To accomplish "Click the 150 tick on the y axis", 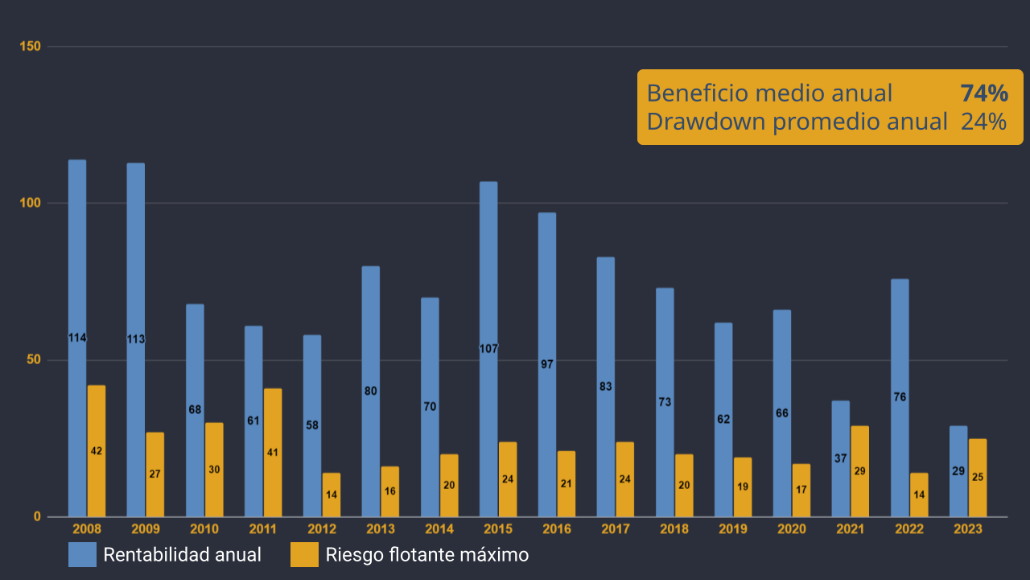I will pos(31,47).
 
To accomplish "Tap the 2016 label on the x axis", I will pos(557,529).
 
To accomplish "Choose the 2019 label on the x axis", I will pos(733,529).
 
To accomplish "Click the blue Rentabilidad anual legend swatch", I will pos(82,555).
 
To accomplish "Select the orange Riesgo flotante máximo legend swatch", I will pos(304,555).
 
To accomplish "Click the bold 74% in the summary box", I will pos(984,93).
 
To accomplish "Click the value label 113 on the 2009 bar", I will pos(136,339).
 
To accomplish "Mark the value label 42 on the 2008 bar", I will pos(97,451).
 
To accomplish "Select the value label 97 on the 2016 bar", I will pos(547,364).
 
